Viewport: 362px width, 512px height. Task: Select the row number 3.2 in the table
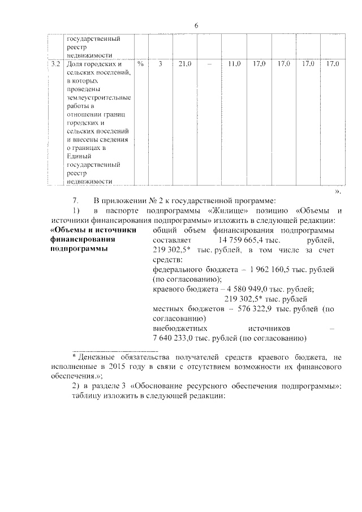[55, 64]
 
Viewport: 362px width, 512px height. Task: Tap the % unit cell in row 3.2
[140, 64]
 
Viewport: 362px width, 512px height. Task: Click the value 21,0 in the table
[184, 64]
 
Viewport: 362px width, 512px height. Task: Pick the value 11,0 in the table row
[234, 64]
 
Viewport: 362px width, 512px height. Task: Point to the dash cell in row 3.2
[209, 64]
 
